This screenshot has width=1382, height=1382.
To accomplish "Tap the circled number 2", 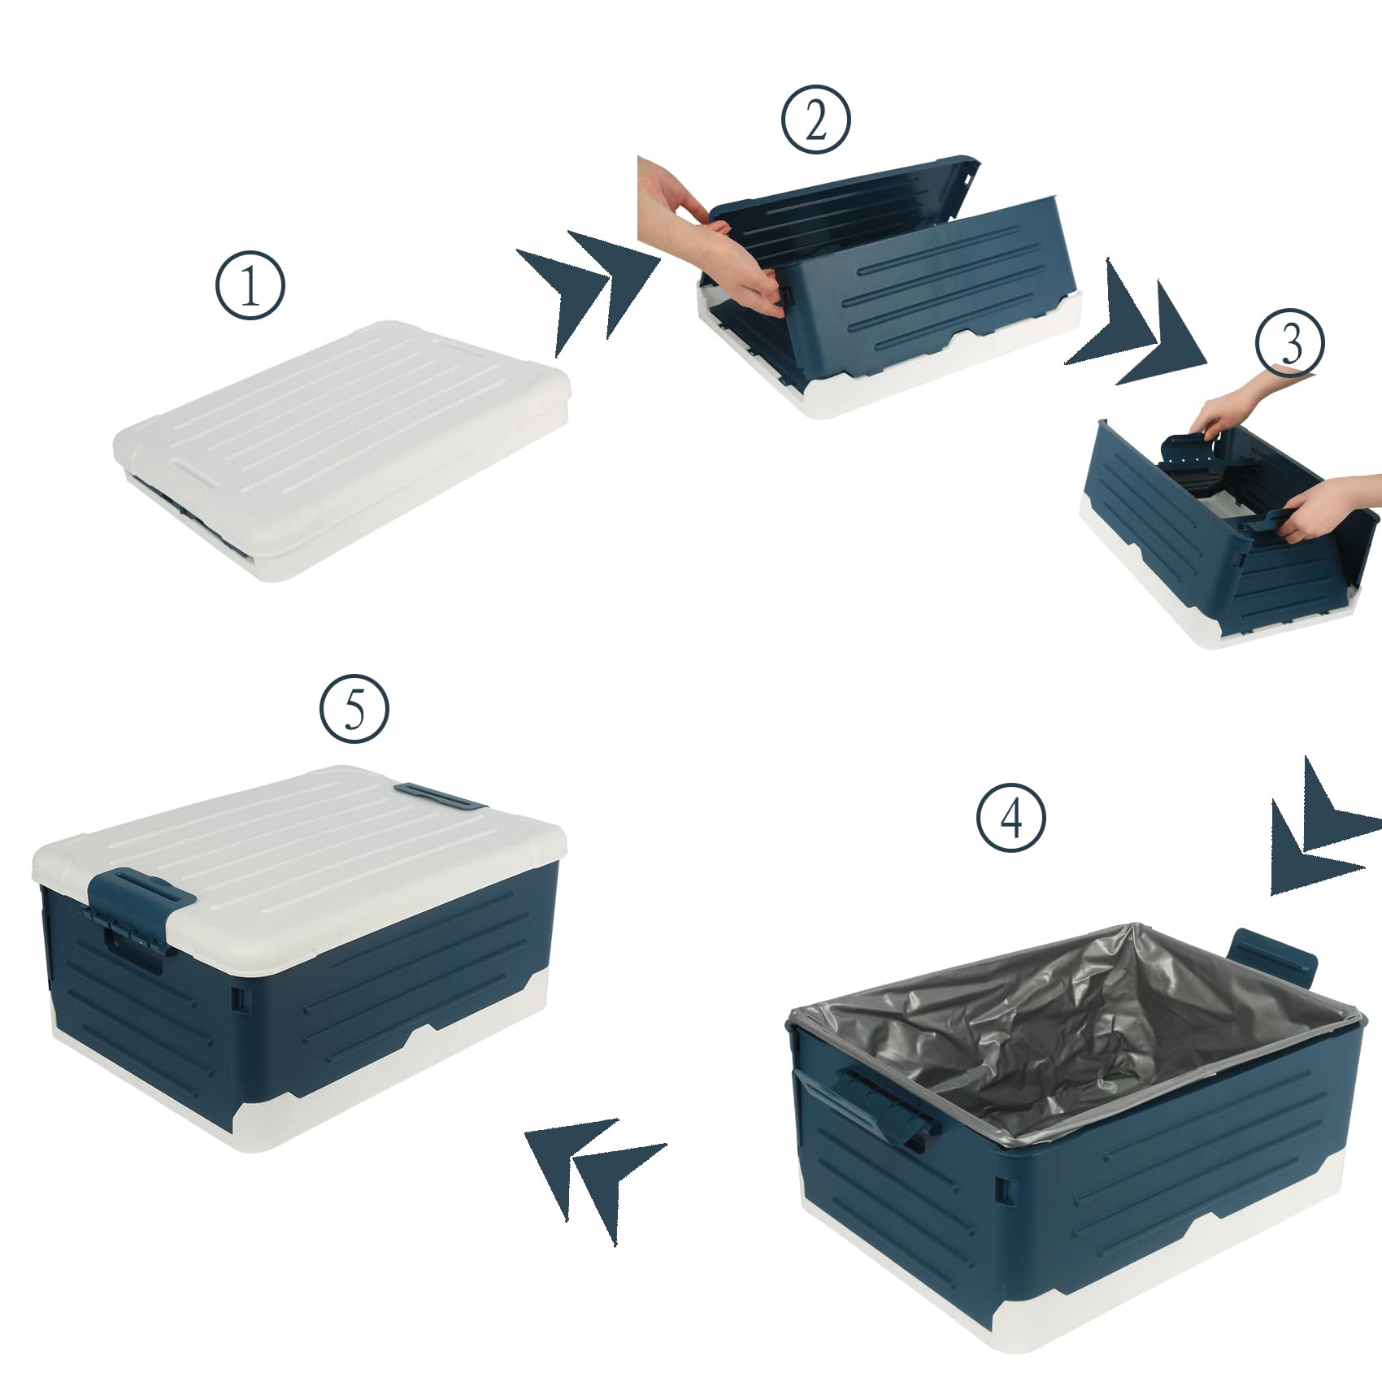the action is pyautogui.click(x=816, y=120).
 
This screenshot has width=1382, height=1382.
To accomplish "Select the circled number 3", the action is pyautogui.click(x=1290, y=342).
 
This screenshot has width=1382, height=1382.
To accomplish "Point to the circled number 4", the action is pyautogui.click(x=1011, y=817).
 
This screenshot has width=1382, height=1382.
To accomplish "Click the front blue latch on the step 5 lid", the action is pyautogui.click(x=140, y=910).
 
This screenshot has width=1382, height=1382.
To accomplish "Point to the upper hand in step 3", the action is pyautogui.click(x=1250, y=402).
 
